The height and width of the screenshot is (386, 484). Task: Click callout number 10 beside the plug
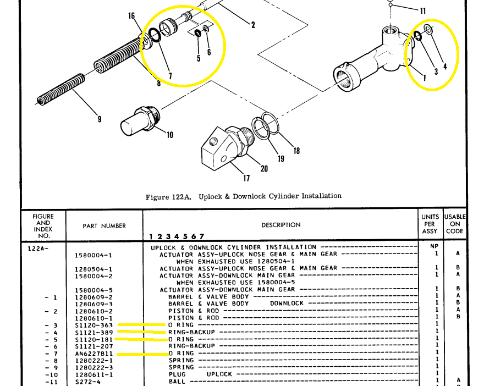[x=170, y=135]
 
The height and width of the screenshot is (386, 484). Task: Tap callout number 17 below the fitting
[x=246, y=178]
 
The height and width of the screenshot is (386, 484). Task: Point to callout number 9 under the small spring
[x=100, y=119]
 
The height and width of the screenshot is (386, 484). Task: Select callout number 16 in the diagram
[x=131, y=16]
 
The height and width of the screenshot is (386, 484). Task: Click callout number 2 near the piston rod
[x=253, y=25]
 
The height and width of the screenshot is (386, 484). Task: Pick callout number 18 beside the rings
[x=296, y=151]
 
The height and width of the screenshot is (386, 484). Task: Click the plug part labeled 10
[x=140, y=122]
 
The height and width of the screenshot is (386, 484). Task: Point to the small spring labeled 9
[x=61, y=90]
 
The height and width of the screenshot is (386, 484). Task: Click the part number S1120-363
[x=94, y=325]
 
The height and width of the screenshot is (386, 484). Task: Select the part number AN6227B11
[x=94, y=354]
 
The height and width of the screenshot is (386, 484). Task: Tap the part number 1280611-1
[x=94, y=375]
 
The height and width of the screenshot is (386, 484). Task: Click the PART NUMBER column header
[x=105, y=226]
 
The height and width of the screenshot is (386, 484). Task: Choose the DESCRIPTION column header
[x=281, y=225]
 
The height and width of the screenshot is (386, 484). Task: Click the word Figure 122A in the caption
[x=168, y=197]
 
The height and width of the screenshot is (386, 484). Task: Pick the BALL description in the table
[x=177, y=382]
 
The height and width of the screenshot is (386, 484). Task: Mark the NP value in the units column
[x=435, y=246]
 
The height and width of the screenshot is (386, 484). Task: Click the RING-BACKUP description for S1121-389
[x=191, y=332]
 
